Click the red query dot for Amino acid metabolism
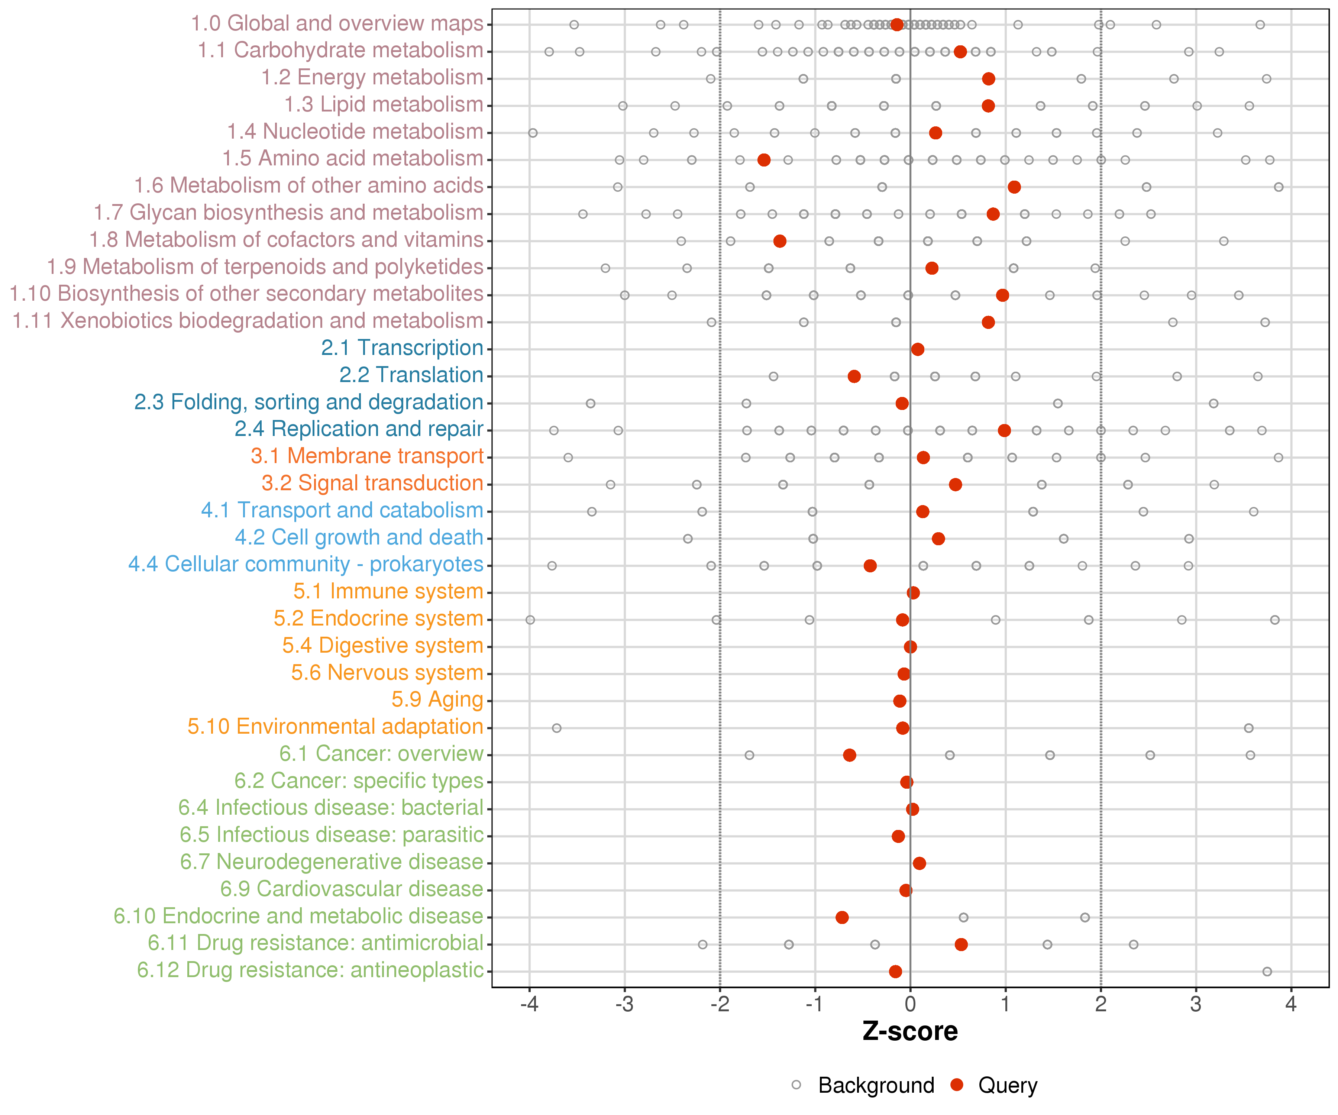764,160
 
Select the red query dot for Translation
854,376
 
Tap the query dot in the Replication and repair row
1005,431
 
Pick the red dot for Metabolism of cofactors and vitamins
780,241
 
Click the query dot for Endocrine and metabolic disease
842,918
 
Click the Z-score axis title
910,1031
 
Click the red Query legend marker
956,1085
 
